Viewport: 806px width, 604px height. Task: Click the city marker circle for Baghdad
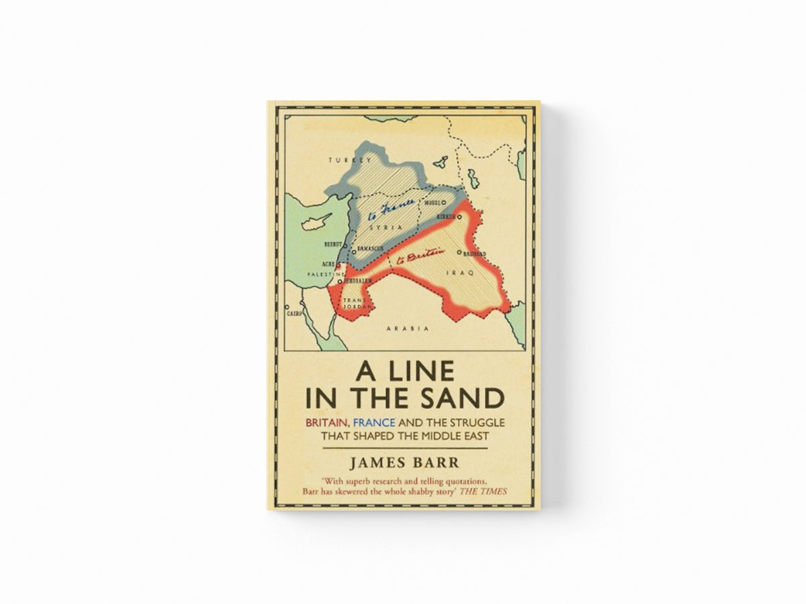459,253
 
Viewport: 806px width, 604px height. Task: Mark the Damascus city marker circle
355,248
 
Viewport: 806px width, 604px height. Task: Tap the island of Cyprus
314,223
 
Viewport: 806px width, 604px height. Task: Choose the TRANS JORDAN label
353,304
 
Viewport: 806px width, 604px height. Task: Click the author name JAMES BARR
404,463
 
